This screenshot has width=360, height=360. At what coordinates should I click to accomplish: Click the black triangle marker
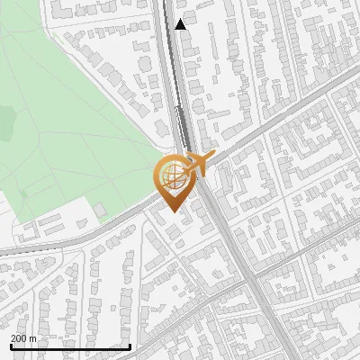181,24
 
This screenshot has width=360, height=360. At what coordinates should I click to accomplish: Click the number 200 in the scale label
19,337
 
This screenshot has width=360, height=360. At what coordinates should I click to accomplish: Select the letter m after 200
34,337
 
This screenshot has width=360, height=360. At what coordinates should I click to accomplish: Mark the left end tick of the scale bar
10,345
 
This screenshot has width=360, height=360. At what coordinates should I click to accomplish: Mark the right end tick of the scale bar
130,345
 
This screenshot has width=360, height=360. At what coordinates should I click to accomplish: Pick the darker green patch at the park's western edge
7,117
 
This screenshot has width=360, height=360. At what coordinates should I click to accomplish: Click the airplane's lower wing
200,172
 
